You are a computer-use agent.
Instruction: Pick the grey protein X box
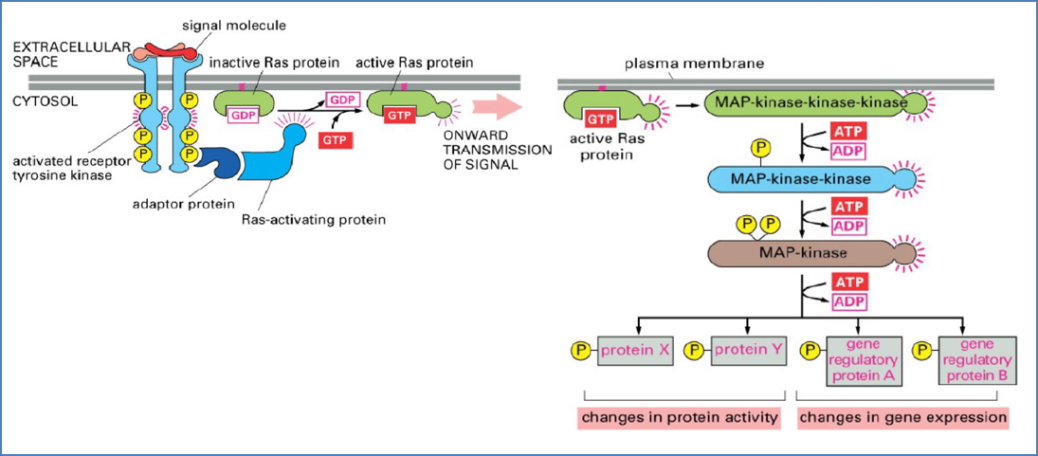635,350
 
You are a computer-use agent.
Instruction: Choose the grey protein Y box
748,350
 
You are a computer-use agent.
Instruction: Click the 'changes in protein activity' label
678,417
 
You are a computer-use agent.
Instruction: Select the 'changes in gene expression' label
901,417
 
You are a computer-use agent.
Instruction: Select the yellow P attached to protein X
580,350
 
